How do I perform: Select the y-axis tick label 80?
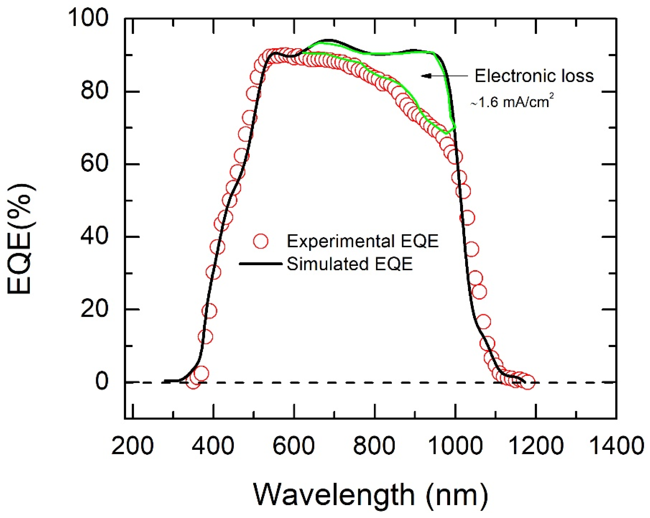[94, 91]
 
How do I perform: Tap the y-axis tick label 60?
[94, 164]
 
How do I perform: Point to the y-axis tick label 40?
[94, 237]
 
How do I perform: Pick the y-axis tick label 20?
[94, 309]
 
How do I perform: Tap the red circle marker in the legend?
[261, 241]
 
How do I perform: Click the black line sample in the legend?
[260, 264]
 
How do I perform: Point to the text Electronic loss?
[534, 76]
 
